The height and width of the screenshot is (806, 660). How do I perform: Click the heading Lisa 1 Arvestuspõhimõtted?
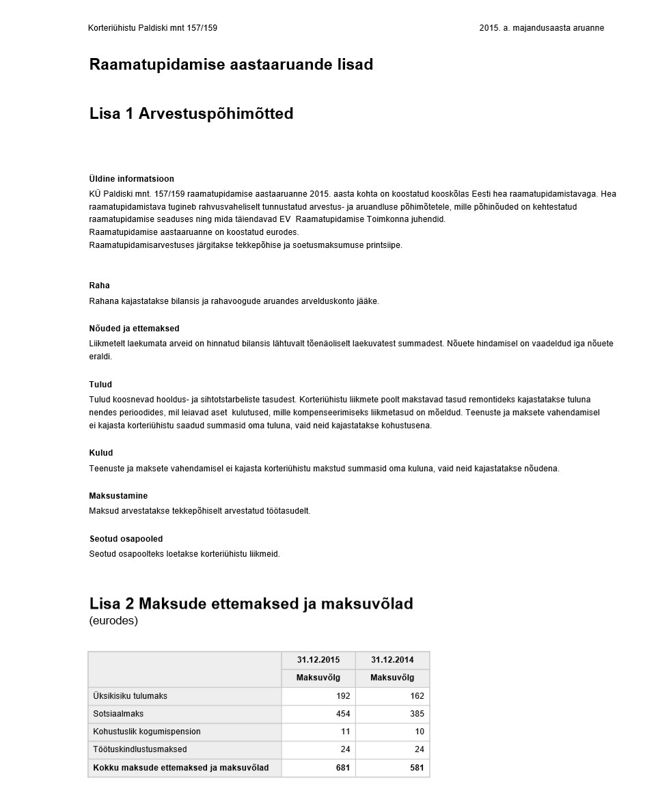point(191,114)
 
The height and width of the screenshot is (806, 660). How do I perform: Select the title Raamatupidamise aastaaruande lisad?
point(231,65)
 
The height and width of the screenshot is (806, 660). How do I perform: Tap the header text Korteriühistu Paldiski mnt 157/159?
point(152,28)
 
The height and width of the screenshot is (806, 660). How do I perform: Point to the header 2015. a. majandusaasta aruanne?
point(541,28)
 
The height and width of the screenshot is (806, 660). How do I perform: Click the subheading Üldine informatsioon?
point(131,179)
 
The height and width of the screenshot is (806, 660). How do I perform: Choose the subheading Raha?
point(99,286)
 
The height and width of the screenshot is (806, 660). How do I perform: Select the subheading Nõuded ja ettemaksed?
point(134,329)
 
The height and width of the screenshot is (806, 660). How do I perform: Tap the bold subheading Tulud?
point(100,385)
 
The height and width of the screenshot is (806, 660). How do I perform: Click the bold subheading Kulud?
point(101,453)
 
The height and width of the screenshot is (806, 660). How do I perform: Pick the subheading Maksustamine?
point(118,496)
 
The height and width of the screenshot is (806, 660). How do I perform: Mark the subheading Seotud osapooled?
point(126,539)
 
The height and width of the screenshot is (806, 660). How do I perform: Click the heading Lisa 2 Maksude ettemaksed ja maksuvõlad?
point(251,604)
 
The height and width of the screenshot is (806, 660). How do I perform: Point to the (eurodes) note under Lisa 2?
point(113,621)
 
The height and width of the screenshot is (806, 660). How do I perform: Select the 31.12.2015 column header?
point(318,660)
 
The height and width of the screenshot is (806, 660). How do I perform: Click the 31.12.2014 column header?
point(392,660)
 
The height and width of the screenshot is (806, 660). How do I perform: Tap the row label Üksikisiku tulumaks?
point(130,696)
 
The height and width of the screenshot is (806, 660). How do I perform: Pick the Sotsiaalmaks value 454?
point(343,714)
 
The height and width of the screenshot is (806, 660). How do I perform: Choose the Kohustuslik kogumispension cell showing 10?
point(419,732)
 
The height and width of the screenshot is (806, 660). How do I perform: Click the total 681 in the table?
point(343,768)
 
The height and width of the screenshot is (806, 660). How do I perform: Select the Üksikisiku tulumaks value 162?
point(417,696)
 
